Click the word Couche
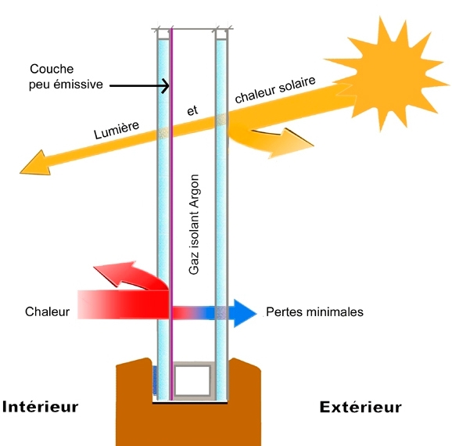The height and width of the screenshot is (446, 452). [52, 69]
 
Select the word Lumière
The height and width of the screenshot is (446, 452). [117, 130]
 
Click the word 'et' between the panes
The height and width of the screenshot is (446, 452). [192, 110]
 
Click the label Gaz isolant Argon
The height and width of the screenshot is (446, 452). [194, 224]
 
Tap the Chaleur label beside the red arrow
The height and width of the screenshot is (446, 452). [47, 311]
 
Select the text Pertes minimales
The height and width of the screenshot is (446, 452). [314, 312]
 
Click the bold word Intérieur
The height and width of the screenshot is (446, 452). [41, 407]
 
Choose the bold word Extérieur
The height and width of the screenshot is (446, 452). [361, 408]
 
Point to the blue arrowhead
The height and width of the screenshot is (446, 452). [245, 313]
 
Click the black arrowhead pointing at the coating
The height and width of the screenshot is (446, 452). [166, 85]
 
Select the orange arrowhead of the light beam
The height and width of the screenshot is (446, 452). [36, 163]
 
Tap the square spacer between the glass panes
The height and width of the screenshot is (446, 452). [192, 380]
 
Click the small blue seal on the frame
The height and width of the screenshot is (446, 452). [155, 380]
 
